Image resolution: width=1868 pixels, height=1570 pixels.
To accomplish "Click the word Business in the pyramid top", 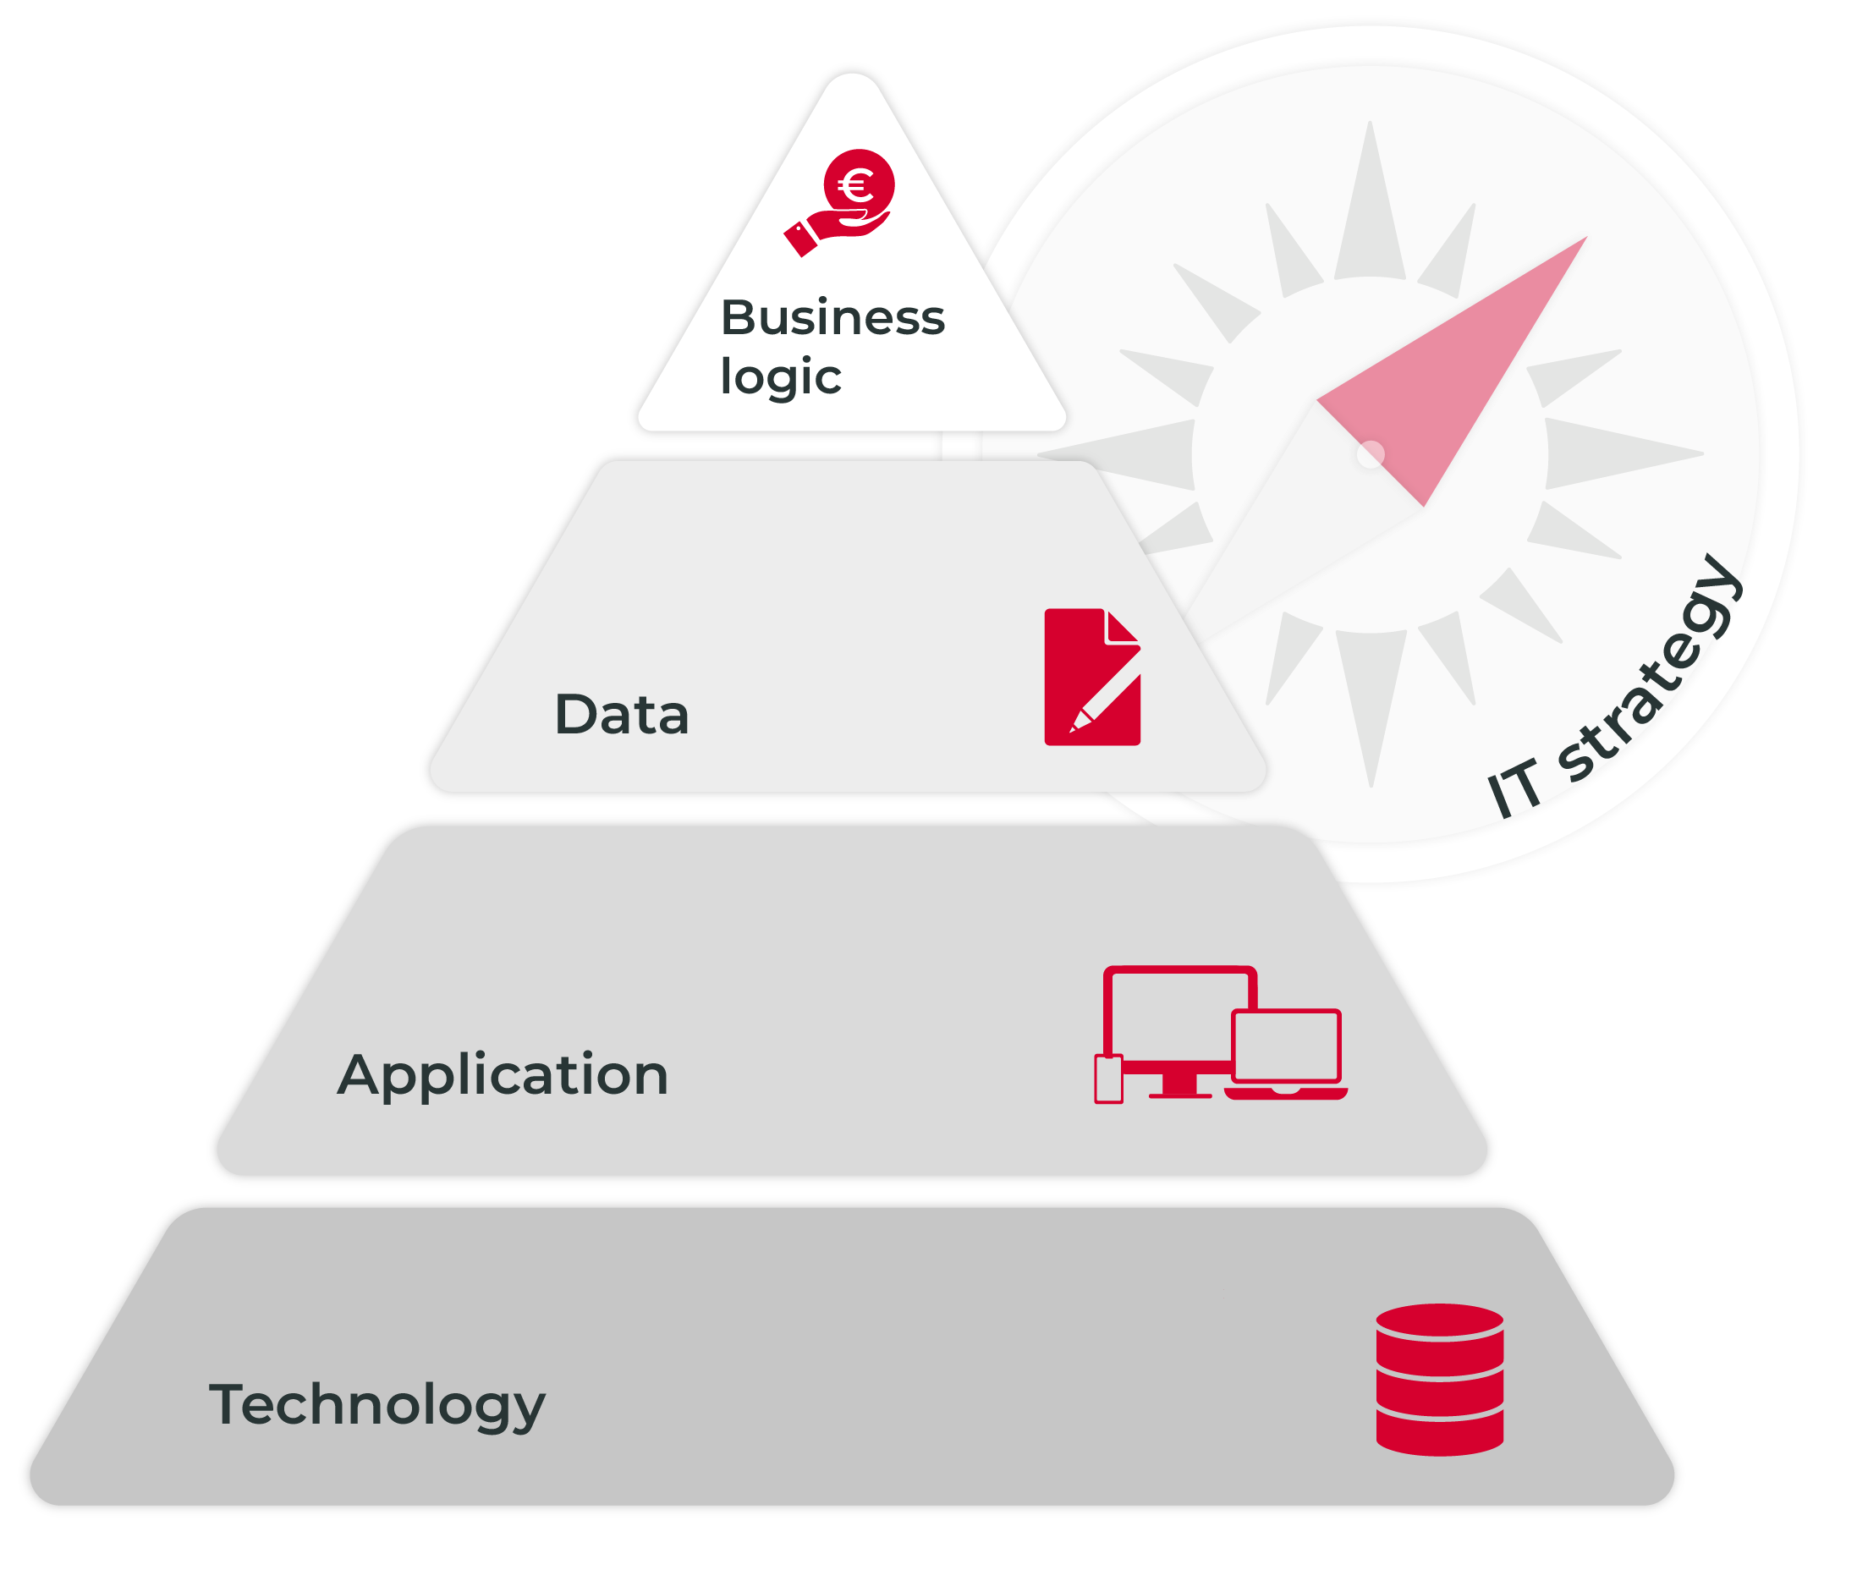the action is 832,317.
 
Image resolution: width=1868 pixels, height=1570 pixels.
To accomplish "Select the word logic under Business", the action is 781,376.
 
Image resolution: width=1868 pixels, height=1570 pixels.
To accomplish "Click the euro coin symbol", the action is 858,185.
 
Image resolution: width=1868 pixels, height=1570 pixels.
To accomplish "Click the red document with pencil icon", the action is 1092,677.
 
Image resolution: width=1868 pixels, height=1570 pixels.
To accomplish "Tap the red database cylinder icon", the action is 1439,1380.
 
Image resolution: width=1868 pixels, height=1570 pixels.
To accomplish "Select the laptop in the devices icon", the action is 1286,1055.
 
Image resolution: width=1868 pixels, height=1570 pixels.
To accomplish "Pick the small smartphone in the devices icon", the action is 1108,1079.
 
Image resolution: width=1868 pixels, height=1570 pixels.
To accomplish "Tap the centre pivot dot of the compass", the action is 1371,454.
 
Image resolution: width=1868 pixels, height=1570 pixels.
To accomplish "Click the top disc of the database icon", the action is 1439,1319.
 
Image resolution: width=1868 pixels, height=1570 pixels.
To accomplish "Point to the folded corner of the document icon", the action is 1122,626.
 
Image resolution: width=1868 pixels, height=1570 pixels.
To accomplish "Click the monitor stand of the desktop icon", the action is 1179,1086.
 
